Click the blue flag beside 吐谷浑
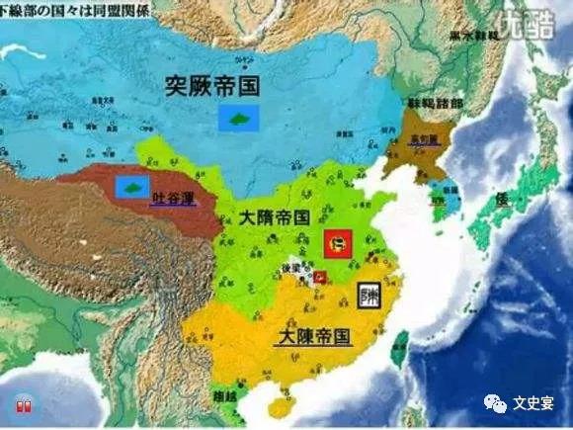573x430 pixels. point(129,187)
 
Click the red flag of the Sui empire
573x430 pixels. point(337,240)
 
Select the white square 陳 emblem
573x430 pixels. point(371,294)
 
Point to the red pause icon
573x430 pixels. point(21,405)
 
